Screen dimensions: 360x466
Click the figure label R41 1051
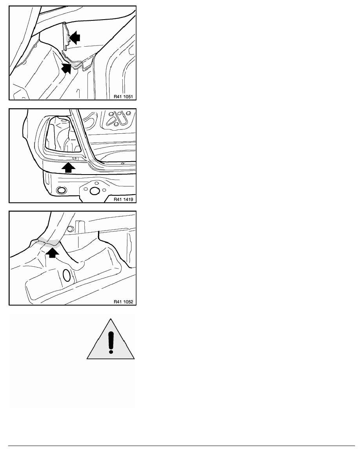click(123, 96)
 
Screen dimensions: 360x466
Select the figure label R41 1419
click(123, 199)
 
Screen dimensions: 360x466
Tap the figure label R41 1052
click(123, 302)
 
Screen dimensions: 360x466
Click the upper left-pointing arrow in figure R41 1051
click(75, 37)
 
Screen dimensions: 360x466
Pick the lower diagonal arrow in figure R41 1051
click(67, 68)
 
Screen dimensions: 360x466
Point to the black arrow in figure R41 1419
click(69, 167)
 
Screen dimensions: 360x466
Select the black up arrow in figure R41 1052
click(52, 253)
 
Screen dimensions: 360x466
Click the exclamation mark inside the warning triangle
click(111, 342)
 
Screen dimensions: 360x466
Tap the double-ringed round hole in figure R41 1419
click(61, 190)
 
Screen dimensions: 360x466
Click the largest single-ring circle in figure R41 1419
click(95, 191)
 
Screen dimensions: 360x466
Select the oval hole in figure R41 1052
click(67, 275)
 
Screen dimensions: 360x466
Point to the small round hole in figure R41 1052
click(71, 229)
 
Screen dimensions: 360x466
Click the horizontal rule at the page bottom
click(182, 446)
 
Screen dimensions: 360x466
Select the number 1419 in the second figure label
click(128, 199)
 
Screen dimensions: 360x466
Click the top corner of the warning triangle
click(111, 319)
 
